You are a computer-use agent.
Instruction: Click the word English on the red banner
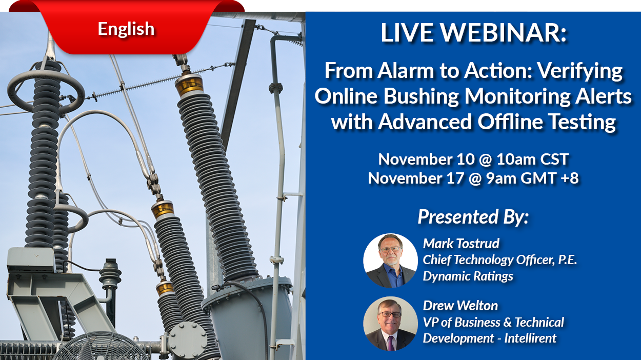(x=126, y=29)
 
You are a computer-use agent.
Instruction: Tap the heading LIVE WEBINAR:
(x=474, y=32)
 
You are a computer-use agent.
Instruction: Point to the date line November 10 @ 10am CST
(x=474, y=159)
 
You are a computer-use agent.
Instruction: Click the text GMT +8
(x=550, y=178)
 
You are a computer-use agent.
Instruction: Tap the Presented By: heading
(x=473, y=216)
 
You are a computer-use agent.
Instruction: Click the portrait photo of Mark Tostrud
(x=390, y=261)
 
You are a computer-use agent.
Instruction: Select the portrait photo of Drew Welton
(x=390, y=324)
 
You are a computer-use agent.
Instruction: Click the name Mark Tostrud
(x=461, y=244)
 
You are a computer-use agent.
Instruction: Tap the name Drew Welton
(x=460, y=306)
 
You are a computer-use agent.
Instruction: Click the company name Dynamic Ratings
(x=468, y=276)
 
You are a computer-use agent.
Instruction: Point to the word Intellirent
(x=530, y=338)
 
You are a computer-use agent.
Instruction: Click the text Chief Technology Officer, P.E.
(x=500, y=260)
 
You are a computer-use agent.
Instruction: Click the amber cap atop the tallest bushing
(x=189, y=85)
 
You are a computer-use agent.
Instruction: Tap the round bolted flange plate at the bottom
(x=188, y=340)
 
